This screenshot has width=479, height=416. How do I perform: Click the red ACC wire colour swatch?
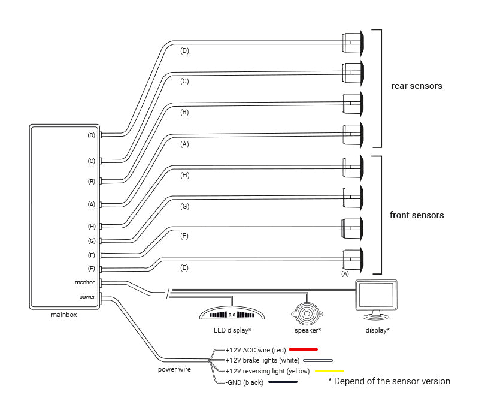pos(303,349)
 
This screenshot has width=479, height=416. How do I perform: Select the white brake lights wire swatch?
pos(318,360)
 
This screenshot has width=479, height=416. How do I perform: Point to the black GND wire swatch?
pos(284,382)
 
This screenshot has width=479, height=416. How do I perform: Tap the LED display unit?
pos(232,315)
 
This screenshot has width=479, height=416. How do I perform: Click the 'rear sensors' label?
pos(416,86)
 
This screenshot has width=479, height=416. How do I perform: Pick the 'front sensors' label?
pos(417,215)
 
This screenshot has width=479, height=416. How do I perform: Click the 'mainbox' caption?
pos(63,314)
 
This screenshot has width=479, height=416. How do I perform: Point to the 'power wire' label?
pos(174,369)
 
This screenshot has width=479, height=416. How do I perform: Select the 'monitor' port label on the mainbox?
pos(85,282)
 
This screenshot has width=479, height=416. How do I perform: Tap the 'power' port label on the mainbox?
pos(87,296)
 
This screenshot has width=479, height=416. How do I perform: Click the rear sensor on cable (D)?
pos(352,42)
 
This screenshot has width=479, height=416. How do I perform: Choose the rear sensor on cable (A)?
pos(352,134)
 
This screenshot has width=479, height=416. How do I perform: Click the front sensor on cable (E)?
pos(352,259)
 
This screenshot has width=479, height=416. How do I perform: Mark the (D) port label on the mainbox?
pos(91,135)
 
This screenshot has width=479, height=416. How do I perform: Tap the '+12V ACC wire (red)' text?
pos(256,349)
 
